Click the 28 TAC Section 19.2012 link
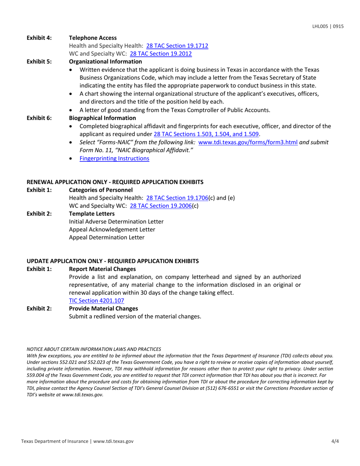click(161, 54)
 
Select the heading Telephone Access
click(92, 38)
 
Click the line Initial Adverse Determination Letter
click(116, 222)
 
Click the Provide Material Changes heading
click(103, 308)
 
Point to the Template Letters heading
click(90, 214)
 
